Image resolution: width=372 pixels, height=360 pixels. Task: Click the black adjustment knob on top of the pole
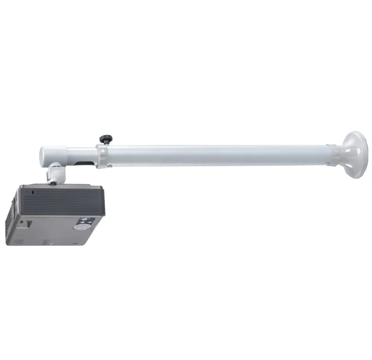tap(105, 139)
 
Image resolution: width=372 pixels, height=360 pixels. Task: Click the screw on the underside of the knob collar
tap(109, 166)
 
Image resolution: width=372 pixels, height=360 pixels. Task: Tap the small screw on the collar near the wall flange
tap(335, 151)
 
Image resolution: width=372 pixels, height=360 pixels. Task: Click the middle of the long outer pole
tap(217, 155)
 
